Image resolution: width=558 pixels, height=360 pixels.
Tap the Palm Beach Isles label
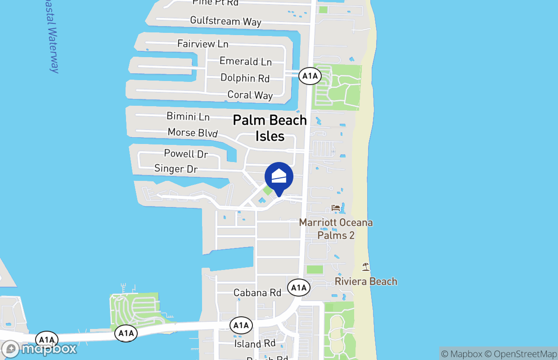click(x=270, y=128)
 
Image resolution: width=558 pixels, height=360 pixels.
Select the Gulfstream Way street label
click(x=225, y=21)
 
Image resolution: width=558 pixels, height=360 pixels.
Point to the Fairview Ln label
click(x=202, y=44)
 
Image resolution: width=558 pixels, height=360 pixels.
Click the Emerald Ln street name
click(x=245, y=61)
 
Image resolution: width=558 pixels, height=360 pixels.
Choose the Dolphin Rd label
click(x=245, y=78)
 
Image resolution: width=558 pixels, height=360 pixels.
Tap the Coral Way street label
click(x=250, y=95)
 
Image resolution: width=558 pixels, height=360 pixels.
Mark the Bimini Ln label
click(x=188, y=116)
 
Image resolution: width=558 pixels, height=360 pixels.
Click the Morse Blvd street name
click(x=193, y=132)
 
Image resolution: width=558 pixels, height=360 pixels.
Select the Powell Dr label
click(x=186, y=153)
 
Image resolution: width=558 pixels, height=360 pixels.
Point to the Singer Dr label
click(x=176, y=169)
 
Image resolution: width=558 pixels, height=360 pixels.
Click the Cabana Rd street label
click(x=257, y=292)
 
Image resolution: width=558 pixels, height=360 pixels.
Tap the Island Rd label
click(x=255, y=344)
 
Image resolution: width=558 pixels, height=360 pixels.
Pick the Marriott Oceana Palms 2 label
click(x=336, y=229)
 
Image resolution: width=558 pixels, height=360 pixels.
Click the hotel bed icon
click(x=336, y=207)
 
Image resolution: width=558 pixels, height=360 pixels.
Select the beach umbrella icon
click(x=365, y=267)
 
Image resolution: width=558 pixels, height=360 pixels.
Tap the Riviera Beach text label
click(x=366, y=281)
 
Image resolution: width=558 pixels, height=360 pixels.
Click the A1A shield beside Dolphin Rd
click(x=310, y=76)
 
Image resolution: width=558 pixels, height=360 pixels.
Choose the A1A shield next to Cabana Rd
click(x=298, y=287)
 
